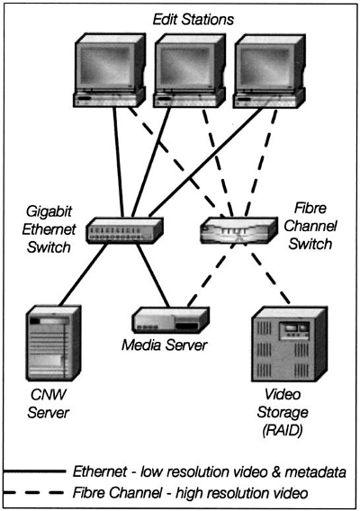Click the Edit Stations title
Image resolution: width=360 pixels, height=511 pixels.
point(193,20)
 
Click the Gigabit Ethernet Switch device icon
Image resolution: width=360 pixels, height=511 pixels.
point(124,230)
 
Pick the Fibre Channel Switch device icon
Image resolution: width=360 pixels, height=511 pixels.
point(238,230)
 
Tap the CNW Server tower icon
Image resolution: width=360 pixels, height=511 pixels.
point(53,343)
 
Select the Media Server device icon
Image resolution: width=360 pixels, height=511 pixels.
point(170,319)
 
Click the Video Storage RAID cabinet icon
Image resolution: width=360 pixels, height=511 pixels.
point(290,344)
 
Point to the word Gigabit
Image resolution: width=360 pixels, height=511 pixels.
point(49,212)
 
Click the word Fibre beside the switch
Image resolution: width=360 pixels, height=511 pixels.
point(310,209)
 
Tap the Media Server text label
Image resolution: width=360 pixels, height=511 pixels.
point(165,345)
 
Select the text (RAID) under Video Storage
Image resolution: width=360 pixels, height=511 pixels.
point(283,431)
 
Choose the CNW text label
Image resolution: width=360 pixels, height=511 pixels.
point(49,395)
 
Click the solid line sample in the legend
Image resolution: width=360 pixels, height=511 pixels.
point(35,471)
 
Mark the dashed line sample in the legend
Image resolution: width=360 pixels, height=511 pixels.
point(33,492)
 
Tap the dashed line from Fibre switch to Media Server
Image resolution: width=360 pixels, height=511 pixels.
point(211,274)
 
